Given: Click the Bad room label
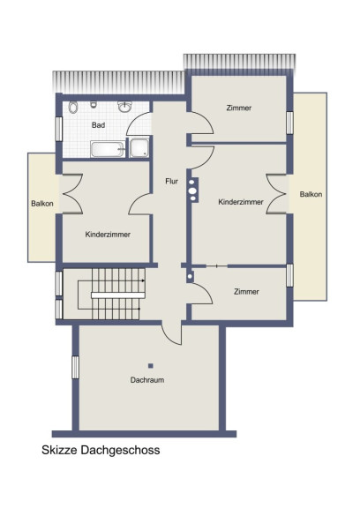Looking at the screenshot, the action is [x=98, y=125].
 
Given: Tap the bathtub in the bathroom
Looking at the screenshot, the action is [x=108, y=149].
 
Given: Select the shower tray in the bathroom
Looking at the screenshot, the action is [x=139, y=148].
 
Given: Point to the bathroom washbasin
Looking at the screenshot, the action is [x=124, y=106].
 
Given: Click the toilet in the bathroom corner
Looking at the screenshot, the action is [x=73, y=107].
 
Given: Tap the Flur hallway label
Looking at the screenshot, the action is [x=171, y=181].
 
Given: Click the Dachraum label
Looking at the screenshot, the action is [x=147, y=380].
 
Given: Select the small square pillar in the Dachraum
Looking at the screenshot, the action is [x=151, y=366].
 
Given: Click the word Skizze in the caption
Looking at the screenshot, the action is [x=59, y=450].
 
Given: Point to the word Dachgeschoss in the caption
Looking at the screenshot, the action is [x=121, y=451].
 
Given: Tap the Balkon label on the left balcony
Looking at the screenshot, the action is [x=42, y=204].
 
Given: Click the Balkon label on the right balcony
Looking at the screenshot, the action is [x=311, y=194].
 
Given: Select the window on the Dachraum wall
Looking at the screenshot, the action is [x=75, y=367].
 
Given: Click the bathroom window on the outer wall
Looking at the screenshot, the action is [x=59, y=129].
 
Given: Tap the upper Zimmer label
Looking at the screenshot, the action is [x=239, y=108].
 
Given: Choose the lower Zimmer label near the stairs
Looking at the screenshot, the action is [x=246, y=292].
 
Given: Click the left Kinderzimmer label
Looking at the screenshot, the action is [x=108, y=235].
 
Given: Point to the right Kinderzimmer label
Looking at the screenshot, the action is [x=241, y=202].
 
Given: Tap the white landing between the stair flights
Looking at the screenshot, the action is [x=118, y=295].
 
